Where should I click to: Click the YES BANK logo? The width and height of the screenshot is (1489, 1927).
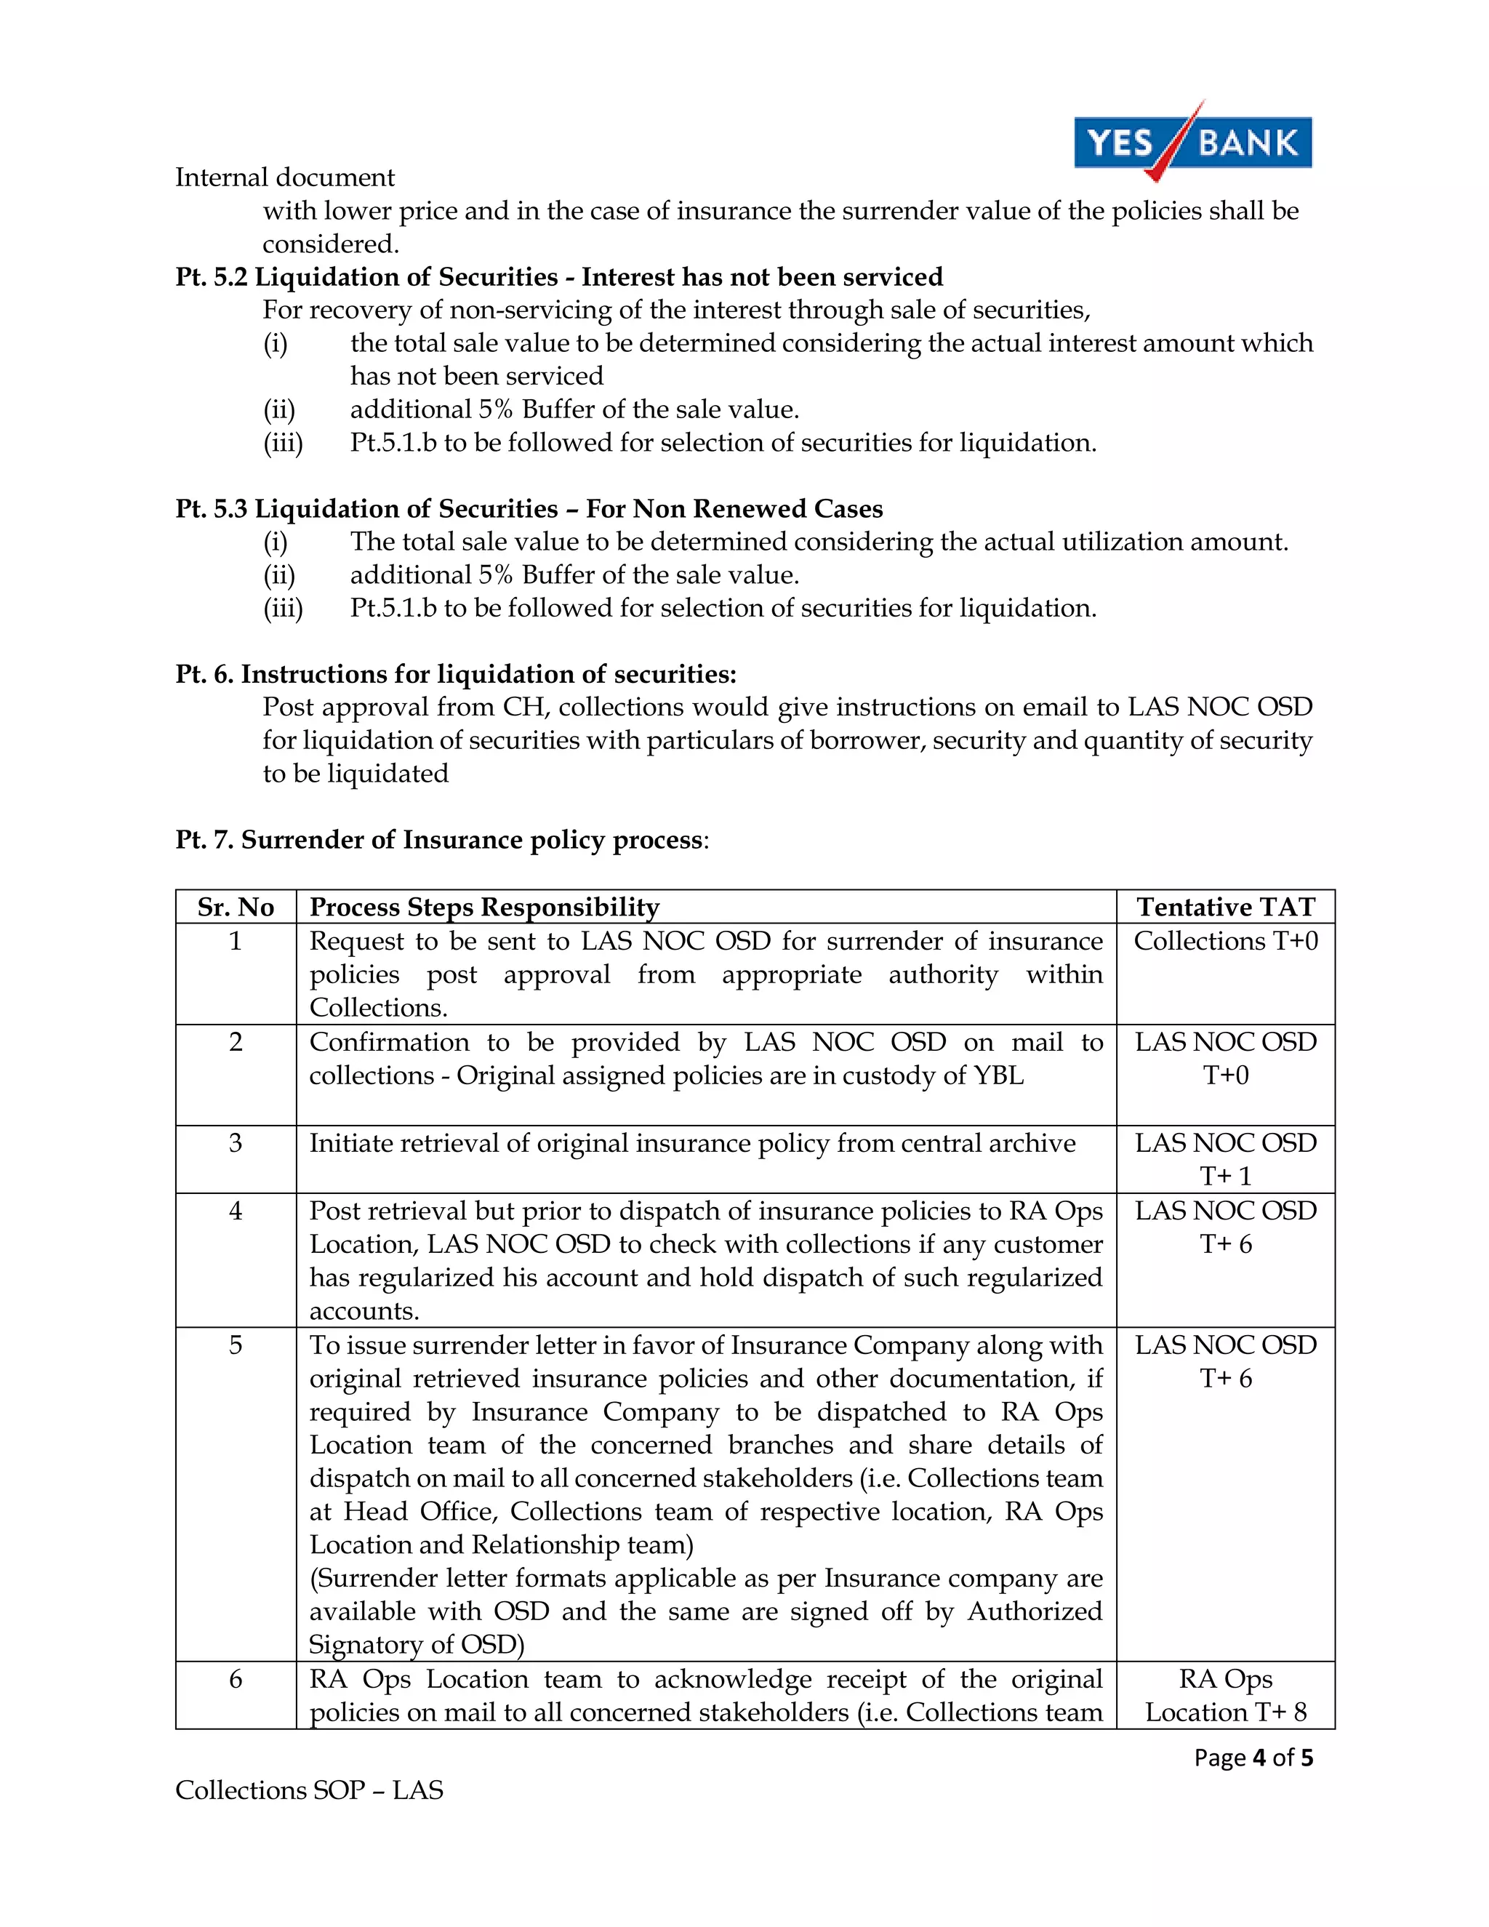(x=1192, y=142)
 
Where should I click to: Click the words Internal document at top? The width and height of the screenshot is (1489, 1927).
(x=284, y=177)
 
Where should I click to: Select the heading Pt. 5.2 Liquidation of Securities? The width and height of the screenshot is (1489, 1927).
(x=558, y=277)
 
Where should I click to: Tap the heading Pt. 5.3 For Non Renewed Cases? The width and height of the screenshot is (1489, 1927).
(x=529, y=509)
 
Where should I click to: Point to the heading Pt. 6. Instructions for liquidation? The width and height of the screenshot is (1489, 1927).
(x=455, y=674)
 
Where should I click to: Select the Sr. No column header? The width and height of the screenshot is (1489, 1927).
(x=236, y=907)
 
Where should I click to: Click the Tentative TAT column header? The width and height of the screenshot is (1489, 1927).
(x=1225, y=907)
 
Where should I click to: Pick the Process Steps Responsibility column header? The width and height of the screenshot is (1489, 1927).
(x=484, y=907)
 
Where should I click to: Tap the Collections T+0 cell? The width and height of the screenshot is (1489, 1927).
(x=1225, y=942)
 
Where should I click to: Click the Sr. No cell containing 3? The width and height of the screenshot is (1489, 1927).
(x=236, y=1144)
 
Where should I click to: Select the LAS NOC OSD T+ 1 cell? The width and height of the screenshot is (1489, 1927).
(x=1225, y=1159)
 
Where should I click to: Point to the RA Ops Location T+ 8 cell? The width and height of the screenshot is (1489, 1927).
(x=1225, y=1696)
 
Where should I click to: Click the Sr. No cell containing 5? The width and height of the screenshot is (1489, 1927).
(x=236, y=1345)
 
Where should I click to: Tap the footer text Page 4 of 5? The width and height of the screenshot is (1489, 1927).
(x=1253, y=1758)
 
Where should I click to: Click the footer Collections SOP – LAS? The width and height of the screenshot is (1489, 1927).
(x=309, y=1790)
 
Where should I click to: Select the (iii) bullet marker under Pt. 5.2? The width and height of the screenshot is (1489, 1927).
(x=282, y=443)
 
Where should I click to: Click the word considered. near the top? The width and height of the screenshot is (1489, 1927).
(x=331, y=244)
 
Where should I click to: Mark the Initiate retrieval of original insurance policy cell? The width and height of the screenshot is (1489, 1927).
(x=691, y=1144)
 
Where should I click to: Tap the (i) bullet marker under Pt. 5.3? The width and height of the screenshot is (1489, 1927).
(x=276, y=542)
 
